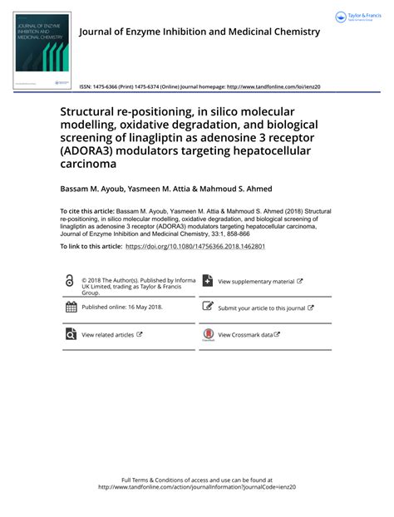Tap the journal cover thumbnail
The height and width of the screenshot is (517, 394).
[42, 50]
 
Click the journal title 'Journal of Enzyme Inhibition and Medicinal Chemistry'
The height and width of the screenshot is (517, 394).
[199, 32]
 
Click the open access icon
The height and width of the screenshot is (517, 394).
[70, 282]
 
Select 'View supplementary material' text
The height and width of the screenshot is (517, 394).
[256, 282]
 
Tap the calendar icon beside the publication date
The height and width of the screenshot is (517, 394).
[71, 307]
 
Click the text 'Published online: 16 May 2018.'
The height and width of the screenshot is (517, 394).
[122, 307]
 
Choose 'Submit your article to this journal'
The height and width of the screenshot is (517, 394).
[261, 308]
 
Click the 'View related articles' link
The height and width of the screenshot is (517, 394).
[107, 335]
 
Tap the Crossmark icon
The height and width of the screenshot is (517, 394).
[208, 335]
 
